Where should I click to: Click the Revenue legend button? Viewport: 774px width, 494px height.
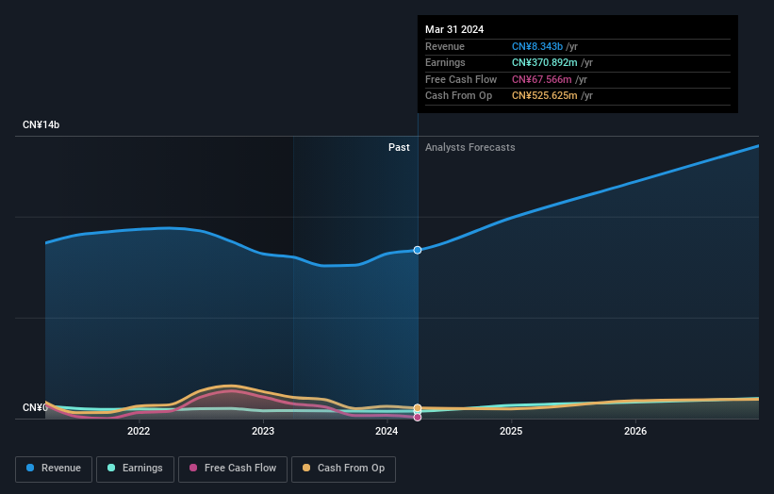[54, 469]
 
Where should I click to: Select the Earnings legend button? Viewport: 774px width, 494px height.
[134, 469]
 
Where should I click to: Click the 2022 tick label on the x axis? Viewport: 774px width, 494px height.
[139, 432]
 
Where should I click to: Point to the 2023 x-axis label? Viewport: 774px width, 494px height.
[263, 432]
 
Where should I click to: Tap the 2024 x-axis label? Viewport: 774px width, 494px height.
[387, 432]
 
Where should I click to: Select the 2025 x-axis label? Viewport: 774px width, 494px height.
[511, 432]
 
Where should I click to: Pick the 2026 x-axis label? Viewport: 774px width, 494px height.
[635, 432]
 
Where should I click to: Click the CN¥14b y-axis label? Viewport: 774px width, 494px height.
[41, 125]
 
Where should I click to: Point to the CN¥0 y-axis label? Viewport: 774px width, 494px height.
[35, 407]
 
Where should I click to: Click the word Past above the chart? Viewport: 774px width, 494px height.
[399, 148]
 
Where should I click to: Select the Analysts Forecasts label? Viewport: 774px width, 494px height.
[469, 148]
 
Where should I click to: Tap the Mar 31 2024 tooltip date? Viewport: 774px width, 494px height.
[454, 29]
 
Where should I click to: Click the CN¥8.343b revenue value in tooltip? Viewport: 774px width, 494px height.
[537, 46]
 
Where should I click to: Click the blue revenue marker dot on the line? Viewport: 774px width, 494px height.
[417, 250]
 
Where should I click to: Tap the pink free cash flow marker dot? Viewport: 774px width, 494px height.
[417, 417]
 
